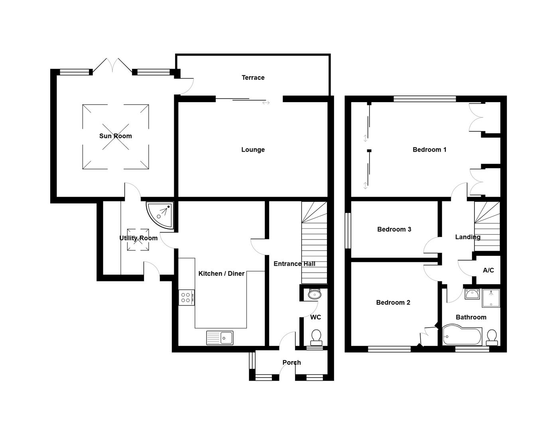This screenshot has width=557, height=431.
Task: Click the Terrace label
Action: [x=253, y=77]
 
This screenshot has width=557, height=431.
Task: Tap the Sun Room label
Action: [x=115, y=136]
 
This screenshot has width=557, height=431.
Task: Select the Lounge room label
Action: [x=253, y=150]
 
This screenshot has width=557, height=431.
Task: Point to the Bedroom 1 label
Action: [x=429, y=150]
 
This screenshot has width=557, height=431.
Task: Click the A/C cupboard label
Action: [x=488, y=270]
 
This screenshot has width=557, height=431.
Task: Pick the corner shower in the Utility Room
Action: [x=160, y=215]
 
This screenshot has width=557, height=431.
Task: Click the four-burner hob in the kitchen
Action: [x=187, y=298]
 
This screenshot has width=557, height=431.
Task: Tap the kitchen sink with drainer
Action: [x=220, y=338]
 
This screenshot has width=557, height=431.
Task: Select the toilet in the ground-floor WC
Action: [x=316, y=338]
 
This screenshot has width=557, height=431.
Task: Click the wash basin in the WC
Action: [x=315, y=294]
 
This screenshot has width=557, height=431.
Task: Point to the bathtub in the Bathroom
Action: [x=462, y=335]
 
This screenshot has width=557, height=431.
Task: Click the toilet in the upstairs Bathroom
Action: [x=492, y=338]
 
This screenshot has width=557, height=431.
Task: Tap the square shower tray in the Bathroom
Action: [x=491, y=298]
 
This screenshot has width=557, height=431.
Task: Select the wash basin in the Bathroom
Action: [x=472, y=294]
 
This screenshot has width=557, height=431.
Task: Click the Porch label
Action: [x=291, y=362]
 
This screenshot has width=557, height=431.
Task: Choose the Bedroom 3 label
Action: [x=394, y=229]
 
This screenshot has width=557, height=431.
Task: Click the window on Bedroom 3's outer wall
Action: [x=348, y=231]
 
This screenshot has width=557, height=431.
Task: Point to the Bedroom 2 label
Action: [x=393, y=303]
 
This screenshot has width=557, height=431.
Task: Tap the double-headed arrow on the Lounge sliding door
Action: [x=266, y=103]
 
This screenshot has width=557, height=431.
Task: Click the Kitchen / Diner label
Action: [x=221, y=273]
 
